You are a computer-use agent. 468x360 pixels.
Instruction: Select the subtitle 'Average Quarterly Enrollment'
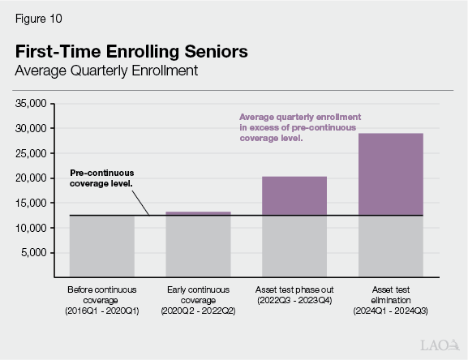[x=106, y=71]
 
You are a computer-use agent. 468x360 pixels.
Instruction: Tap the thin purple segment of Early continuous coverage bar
[x=198, y=213]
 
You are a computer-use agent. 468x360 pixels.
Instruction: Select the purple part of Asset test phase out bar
[x=294, y=195]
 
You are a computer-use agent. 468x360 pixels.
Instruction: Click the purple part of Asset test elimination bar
[x=390, y=174]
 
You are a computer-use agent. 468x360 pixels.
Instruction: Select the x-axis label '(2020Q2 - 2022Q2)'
[x=198, y=311]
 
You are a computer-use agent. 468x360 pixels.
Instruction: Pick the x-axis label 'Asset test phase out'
[x=294, y=289]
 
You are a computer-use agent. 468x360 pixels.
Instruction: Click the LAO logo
[x=438, y=345]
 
